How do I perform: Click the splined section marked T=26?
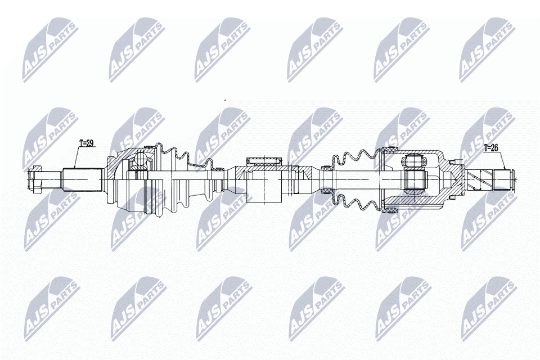(499, 179)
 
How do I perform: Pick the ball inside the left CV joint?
(138, 163)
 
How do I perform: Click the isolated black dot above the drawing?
(225, 100)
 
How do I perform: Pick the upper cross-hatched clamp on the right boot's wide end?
(388, 150)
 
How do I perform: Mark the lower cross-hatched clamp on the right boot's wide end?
(388, 210)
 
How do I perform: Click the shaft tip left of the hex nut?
(30, 179)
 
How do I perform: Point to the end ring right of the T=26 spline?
(511, 178)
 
